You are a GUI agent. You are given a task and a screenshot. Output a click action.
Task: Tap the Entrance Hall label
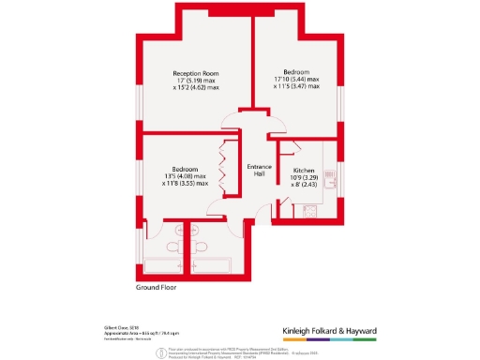259,170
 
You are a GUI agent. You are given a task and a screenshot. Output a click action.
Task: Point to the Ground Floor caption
157,288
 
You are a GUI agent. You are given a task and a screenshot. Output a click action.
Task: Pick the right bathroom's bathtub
213,263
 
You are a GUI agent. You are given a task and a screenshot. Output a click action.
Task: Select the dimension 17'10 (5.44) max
296,79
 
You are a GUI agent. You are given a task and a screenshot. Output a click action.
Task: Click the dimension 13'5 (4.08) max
185,175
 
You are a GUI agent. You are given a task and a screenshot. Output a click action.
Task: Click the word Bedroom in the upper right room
296,71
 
